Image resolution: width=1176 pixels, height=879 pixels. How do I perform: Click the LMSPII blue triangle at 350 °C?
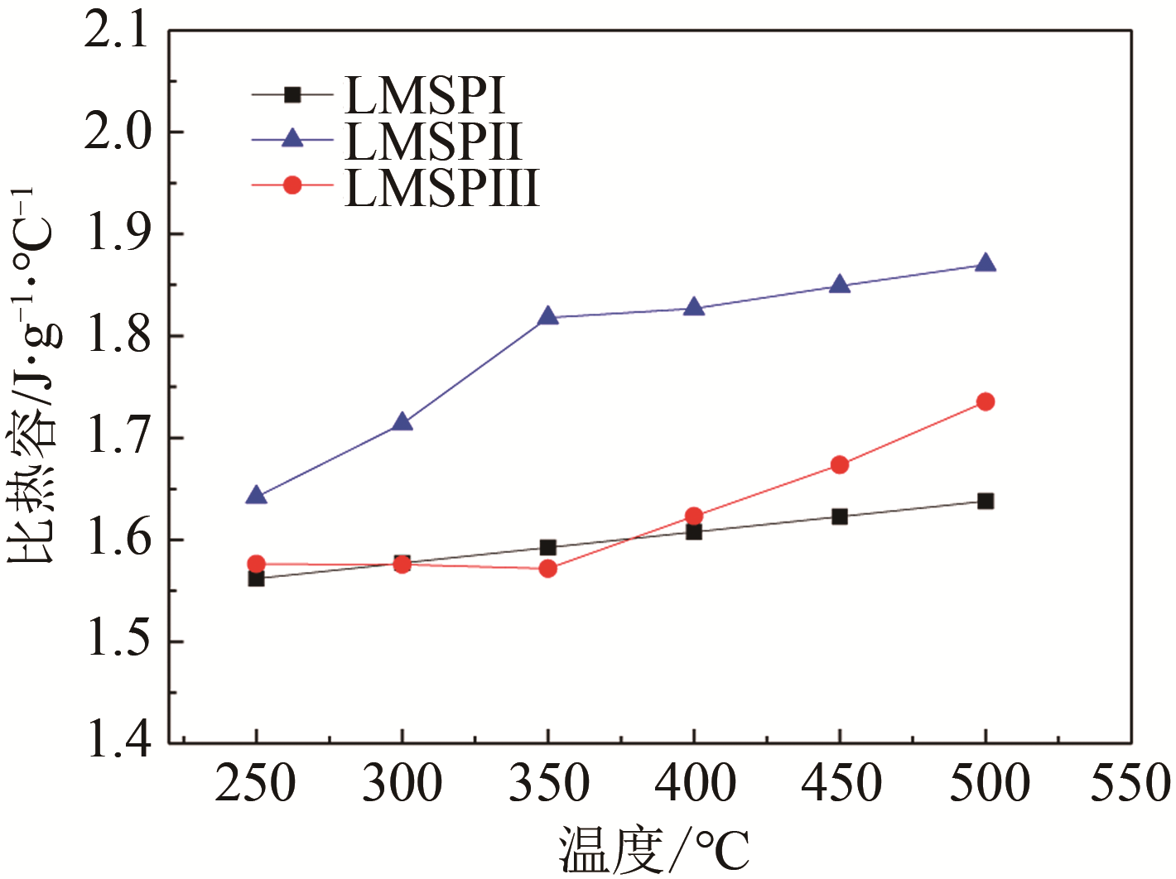(x=547, y=316)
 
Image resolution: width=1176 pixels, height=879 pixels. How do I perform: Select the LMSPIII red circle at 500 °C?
(x=985, y=401)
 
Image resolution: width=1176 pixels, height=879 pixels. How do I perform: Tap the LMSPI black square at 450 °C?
(x=839, y=516)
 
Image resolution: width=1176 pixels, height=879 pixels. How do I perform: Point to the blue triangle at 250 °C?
(x=256, y=496)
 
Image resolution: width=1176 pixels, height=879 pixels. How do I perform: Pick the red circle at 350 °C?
(x=547, y=569)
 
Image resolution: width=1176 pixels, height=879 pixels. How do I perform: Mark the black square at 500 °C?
(x=985, y=501)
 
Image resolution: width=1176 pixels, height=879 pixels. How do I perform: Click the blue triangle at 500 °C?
(x=985, y=264)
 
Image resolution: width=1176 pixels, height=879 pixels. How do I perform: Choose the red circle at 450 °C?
(x=839, y=465)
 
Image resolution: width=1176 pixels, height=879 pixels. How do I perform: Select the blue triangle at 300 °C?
(x=402, y=422)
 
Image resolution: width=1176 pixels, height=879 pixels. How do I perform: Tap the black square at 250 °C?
(x=256, y=578)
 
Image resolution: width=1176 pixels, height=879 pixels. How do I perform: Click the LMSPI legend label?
(x=424, y=96)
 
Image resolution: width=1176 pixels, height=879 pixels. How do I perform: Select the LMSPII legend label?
(x=433, y=142)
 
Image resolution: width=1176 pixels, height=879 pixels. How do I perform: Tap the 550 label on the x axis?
(x=1130, y=783)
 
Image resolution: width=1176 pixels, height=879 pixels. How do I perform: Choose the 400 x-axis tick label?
(x=694, y=783)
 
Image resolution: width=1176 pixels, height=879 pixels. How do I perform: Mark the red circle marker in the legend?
(x=292, y=185)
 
